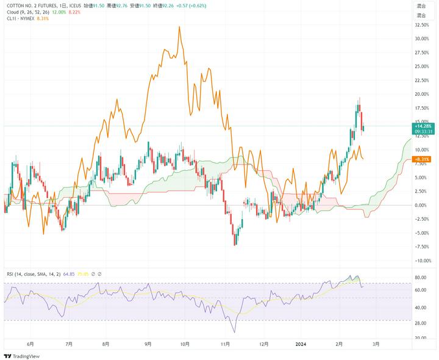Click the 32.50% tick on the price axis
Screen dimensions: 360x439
tap(421, 25)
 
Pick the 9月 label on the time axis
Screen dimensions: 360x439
tap(148, 344)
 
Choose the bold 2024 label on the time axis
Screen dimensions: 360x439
tap(301, 344)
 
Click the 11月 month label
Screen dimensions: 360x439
tap(224, 344)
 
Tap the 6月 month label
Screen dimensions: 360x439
tap(30, 344)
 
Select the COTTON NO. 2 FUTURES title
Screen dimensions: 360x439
tap(34, 5)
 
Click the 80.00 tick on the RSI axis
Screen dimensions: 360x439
tap(421, 278)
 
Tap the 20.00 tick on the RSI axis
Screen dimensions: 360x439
tap(421, 337)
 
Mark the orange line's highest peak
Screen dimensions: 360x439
tap(179, 27)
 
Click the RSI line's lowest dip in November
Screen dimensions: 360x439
tap(234, 333)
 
